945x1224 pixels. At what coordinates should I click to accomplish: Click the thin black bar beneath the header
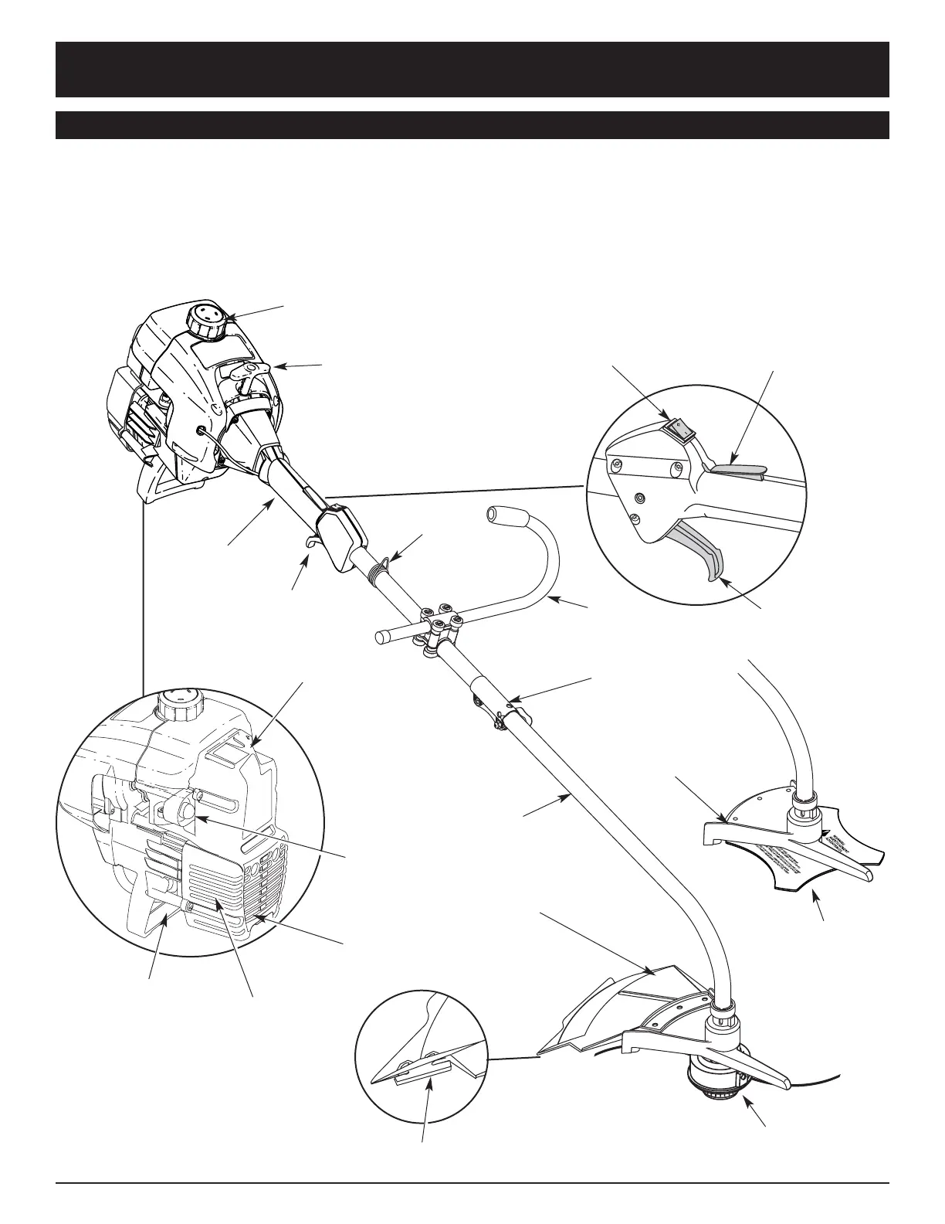coord(472,125)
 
